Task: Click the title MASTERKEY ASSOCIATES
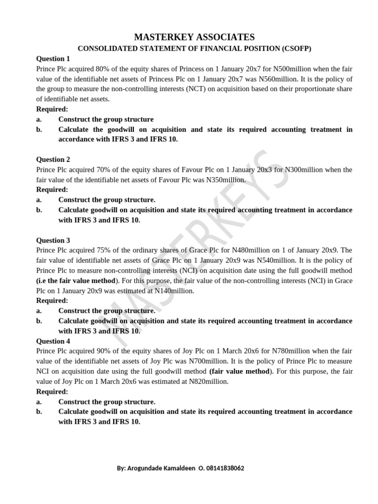pos(195,37)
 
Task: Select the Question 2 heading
pos(53,159)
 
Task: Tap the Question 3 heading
pos(53,240)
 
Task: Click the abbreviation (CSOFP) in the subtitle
pos(293,48)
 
